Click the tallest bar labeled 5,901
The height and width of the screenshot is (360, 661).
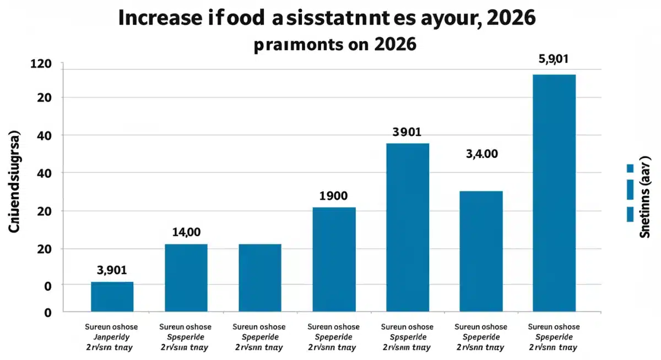tap(554, 193)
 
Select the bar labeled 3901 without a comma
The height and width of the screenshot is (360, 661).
tap(407, 227)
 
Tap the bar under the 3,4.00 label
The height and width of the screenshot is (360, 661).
tap(481, 251)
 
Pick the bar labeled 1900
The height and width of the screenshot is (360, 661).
tap(334, 259)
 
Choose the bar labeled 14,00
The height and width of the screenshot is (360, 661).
tap(186, 277)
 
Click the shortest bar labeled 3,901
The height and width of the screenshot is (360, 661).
tap(112, 297)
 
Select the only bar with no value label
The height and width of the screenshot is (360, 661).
tap(260, 277)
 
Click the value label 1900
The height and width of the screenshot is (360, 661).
tap(333, 196)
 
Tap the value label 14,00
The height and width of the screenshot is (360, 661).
tap(186, 232)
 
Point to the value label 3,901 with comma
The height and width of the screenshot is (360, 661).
tap(112, 270)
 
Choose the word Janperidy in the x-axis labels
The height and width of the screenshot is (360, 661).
tap(112, 337)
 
